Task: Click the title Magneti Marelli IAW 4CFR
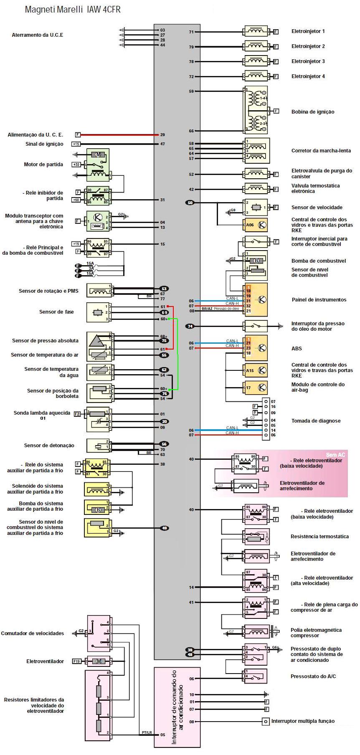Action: [x=73, y=10]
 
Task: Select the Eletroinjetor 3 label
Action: [x=308, y=61]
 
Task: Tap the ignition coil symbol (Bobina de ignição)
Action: [x=256, y=110]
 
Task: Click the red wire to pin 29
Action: [x=117, y=135]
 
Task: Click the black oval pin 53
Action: [x=164, y=289]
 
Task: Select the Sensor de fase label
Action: [x=56, y=312]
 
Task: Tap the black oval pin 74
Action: [x=190, y=326]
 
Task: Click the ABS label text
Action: [x=297, y=348]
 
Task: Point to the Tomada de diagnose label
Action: [x=316, y=421]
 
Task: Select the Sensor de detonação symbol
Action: [x=98, y=446]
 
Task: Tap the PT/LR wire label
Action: [x=147, y=732]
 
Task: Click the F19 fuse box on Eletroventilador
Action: [x=77, y=661]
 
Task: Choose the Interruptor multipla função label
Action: [x=303, y=721]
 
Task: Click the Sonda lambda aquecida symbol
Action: [x=98, y=419]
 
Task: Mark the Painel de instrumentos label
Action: [x=319, y=300]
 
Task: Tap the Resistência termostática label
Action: [x=319, y=537]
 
